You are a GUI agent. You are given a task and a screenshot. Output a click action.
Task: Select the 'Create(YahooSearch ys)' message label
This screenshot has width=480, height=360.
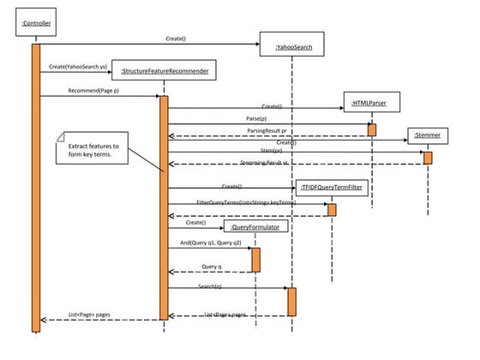tap(78, 66)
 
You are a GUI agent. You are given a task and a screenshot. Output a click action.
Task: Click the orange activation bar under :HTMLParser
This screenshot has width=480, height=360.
tap(372, 129)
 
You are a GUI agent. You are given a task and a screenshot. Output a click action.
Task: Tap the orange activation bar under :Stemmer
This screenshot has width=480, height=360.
tap(428, 158)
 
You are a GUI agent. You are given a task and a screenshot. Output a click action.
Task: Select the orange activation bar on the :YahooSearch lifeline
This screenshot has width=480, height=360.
tap(291, 301)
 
